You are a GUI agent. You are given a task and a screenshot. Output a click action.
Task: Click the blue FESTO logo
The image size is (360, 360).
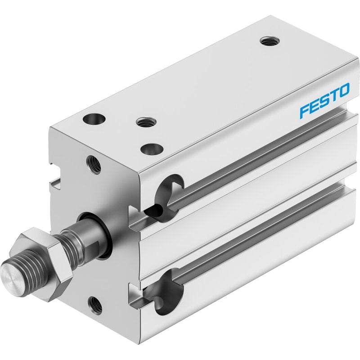pos(324,100)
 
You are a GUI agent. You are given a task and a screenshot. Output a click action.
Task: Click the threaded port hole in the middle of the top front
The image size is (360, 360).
pos(146,121)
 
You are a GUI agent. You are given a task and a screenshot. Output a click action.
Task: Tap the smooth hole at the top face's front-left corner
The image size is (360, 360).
pos(94,119)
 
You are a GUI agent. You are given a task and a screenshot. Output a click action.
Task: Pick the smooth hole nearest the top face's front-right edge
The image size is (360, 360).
pos(152,149)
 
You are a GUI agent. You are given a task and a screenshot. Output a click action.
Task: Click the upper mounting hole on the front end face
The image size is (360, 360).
pos(94,165)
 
